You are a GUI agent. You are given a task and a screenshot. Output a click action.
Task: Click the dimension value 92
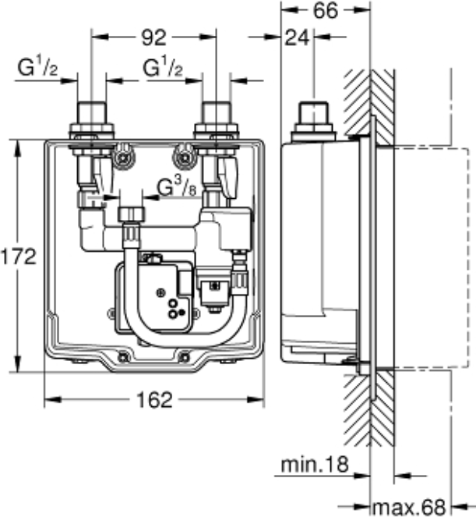point(153,37)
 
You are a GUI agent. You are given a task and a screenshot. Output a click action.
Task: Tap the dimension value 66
point(325,11)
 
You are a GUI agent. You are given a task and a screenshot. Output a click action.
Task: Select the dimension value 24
point(297,37)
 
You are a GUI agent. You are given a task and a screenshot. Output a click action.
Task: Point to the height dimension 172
point(18,257)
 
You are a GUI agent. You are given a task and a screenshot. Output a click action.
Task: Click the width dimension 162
point(154,400)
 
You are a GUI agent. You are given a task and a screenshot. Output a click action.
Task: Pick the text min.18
point(315,465)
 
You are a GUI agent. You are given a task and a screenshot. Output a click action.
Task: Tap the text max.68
point(409,507)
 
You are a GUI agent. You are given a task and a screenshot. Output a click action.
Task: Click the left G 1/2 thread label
point(37,67)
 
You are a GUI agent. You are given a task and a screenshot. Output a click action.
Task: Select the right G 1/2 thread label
point(163,68)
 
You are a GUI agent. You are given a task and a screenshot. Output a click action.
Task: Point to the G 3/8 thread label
point(177,188)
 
